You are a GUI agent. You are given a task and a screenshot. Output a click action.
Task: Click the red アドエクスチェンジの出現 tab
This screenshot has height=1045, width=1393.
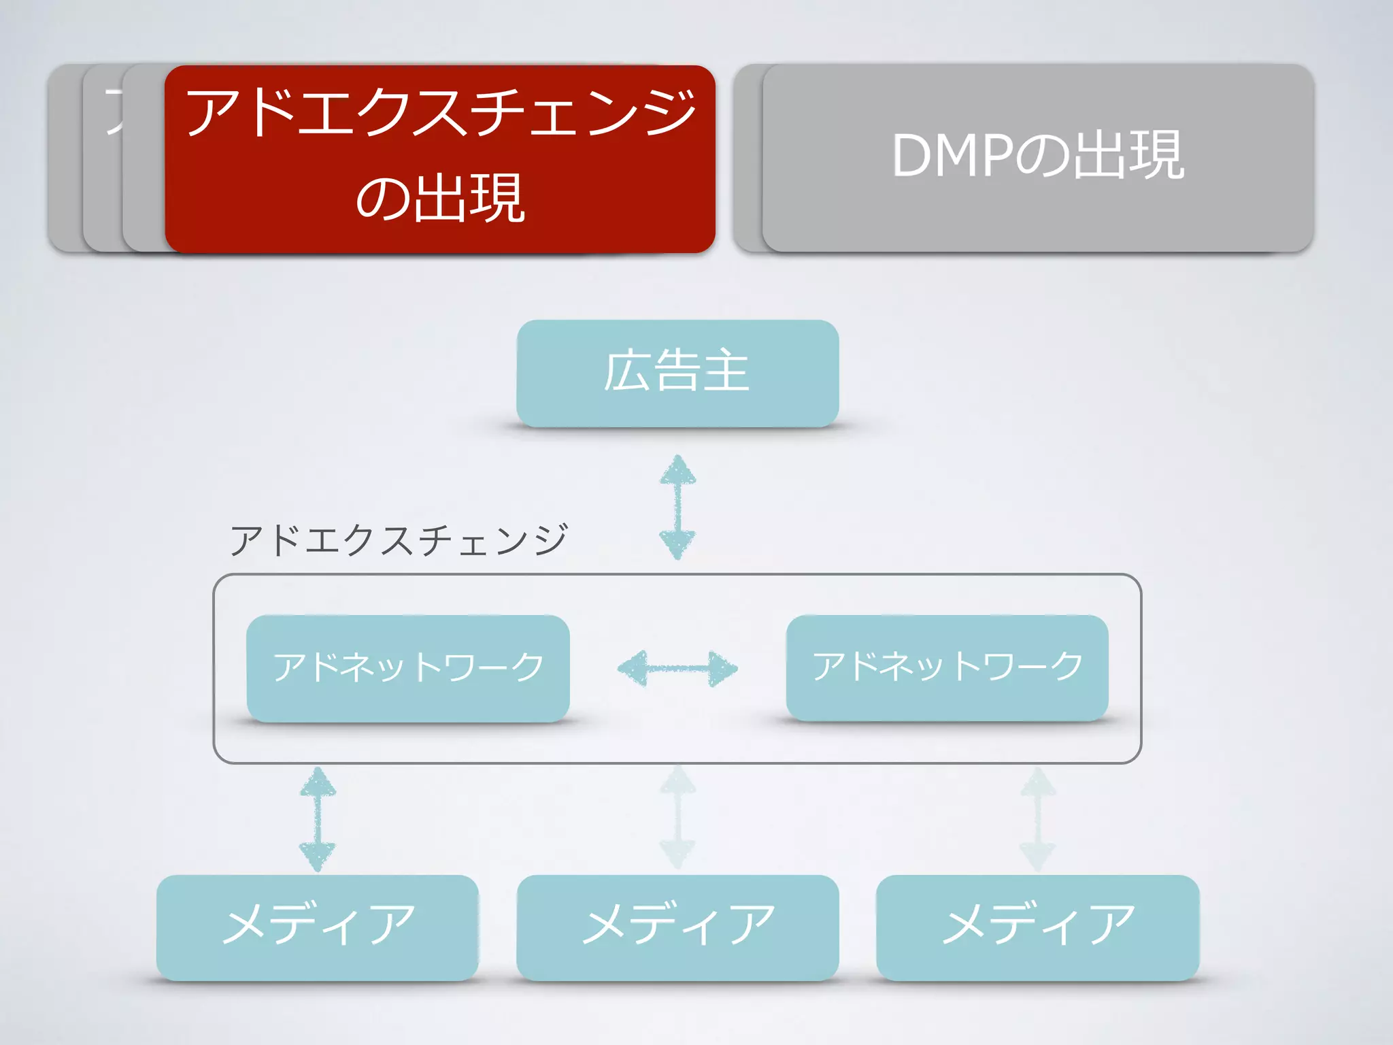pos(439,159)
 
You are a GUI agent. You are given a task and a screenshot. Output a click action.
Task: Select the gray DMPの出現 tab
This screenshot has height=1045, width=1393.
pos(1038,158)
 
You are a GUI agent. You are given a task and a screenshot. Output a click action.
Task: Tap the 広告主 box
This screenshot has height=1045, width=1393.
pos(677,373)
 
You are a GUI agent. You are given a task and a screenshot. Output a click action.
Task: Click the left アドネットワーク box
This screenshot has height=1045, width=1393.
pos(408,668)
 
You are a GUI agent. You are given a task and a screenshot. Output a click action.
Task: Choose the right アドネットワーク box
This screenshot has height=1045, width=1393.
pos(947,667)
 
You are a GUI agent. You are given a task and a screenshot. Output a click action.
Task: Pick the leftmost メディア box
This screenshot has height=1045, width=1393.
pos(317,927)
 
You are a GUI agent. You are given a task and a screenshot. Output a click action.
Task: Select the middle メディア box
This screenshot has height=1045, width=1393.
pos(677,927)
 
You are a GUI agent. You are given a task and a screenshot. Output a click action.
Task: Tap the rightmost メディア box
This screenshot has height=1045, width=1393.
pos(1037,927)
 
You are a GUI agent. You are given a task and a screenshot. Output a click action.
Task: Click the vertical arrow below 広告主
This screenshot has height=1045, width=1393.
pos(677,507)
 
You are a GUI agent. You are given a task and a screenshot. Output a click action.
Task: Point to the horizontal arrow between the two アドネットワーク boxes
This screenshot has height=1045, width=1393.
pos(677,668)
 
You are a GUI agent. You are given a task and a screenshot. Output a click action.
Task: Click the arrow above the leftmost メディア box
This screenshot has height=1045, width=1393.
pos(318,819)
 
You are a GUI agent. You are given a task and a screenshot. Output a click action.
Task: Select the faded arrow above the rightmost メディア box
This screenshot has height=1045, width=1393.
pos(1038,819)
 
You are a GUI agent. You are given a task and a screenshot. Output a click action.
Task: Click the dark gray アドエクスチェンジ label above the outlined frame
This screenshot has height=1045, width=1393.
pos(399,540)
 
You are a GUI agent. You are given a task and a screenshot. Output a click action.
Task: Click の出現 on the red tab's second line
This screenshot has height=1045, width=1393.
pos(439,199)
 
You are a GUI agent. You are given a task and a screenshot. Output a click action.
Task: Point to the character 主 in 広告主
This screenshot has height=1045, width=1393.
pos(726,371)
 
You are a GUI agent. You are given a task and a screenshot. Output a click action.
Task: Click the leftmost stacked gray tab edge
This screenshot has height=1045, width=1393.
pos(64,158)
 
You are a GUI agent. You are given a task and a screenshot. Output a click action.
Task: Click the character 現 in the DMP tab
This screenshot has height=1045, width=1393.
pos(1156,156)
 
